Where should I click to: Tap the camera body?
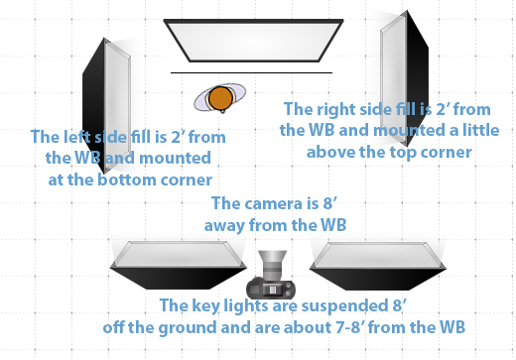(271, 288)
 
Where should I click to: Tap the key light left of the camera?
(178, 259)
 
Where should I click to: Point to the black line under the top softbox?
(250, 72)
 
